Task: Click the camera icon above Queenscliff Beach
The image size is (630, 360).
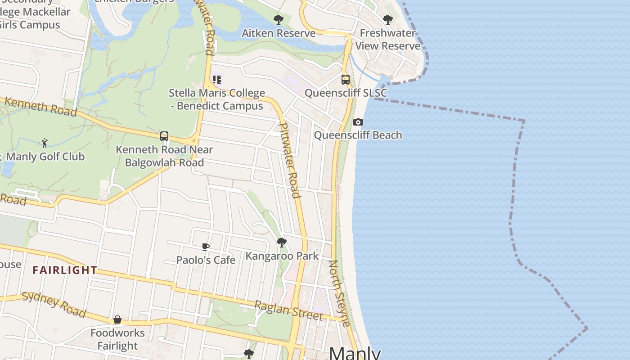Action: (x=358, y=122)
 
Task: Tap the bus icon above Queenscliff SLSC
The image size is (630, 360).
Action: (x=346, y=80)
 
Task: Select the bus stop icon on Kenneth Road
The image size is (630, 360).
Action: (x=164, y=136)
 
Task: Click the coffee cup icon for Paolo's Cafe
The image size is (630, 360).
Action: (x=206, y=247)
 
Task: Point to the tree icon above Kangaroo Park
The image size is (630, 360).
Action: (x=282, y=243)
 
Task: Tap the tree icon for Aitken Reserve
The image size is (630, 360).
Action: (x=279, y=20)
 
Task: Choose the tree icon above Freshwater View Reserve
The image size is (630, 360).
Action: (x=387, y=20)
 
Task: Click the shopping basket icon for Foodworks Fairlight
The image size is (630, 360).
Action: (x=117, y=319)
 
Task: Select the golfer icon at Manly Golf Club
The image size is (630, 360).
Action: (x=45, y=143)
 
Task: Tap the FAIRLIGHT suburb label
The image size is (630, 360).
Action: (x=65, y=270)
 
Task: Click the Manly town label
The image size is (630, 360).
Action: (x=355, y=353)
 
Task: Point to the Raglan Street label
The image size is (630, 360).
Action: (x=288, y=310)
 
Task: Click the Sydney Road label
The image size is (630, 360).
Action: (x=54, y=304)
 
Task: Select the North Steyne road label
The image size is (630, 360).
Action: (x=339, y=293)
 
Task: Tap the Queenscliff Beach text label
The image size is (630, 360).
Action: (x=358, y=135)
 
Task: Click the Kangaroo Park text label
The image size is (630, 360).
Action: (x=282, y=256)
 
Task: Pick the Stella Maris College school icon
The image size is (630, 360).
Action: (x=217, y=80)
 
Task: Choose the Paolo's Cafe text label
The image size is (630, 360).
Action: (x=206, y=260)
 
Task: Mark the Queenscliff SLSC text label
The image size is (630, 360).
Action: (x=346, y=93)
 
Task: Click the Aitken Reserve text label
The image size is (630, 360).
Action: (x=279, y=33)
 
